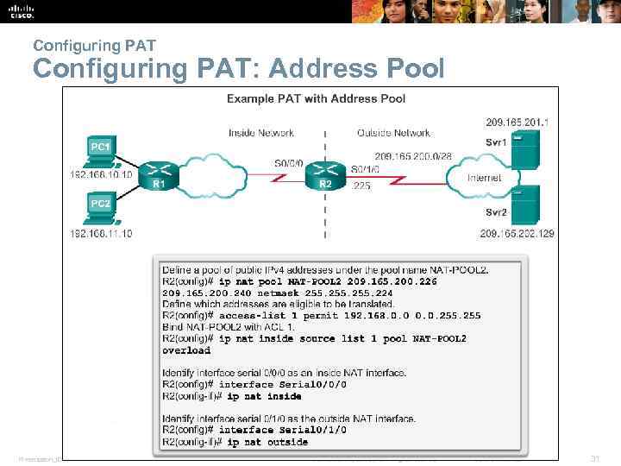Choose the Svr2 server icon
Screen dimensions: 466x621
pyautogui.click(x=524, y=205)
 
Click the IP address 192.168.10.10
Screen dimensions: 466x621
pyautogui.click(x=102, y=175)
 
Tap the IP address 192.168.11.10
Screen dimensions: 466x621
pyautogui.click(x=102, y=234)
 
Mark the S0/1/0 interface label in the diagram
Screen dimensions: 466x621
pyautogui.click(x=366, y=170)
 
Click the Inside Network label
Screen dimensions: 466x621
pyautogui.click(x=261, y=133)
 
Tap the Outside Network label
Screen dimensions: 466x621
pyautogui.click(x=393, y=133)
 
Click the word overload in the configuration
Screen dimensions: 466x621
pyautogui.click(x=186, y=351)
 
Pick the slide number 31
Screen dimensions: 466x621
pyautogui.click(x=593, y=457)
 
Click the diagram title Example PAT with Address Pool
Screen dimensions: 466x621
pyautogui.click(x=316, y=99)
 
